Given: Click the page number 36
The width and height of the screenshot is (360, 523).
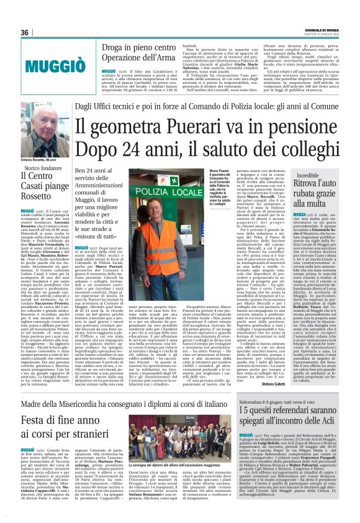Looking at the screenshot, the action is (25, 32).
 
